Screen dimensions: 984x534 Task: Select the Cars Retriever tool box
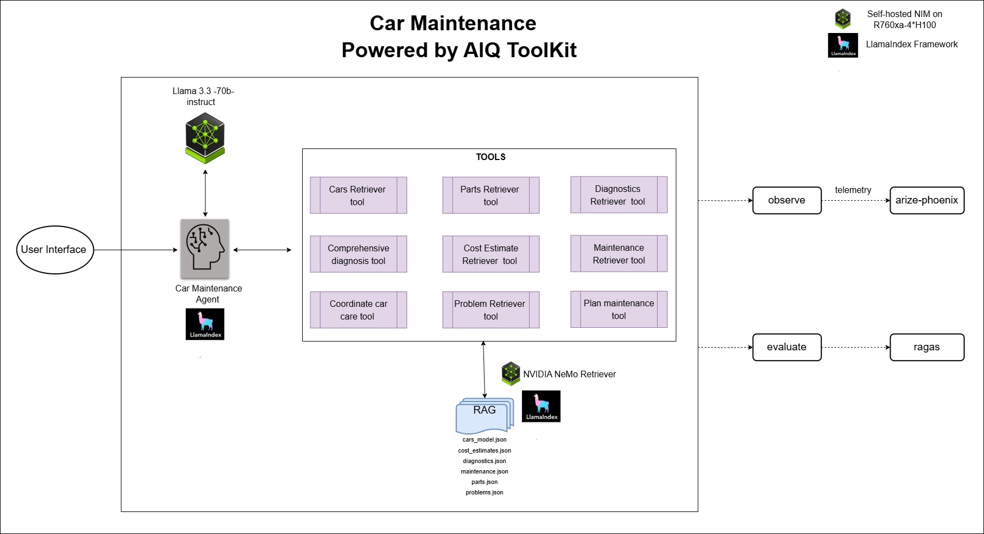(358, 195)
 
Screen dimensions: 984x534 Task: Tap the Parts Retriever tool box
(491, 195)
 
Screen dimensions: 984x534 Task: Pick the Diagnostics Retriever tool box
(619, 195)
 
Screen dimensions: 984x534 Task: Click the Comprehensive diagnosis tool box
(358, 254)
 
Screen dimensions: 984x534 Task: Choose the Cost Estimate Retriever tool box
(491, 254)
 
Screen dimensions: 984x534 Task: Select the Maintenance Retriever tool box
(619, 254)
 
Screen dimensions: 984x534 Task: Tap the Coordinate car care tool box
(358, 310)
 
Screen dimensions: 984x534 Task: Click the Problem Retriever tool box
(491, 310)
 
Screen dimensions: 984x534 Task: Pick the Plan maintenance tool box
(619, 309)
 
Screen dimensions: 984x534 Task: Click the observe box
(787, 200)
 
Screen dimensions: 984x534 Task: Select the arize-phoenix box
(927, 200)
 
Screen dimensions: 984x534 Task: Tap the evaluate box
(787, 347)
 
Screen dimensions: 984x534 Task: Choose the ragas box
(927, 347)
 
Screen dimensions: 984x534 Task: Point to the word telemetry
(853, 190)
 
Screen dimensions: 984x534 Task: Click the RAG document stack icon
(485, 416)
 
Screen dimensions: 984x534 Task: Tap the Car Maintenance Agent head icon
(205, 249)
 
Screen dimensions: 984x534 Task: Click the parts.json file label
(485, 482)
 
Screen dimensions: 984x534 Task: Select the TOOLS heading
(491, 157)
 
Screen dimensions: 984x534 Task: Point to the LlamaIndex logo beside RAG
(541, 406)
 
